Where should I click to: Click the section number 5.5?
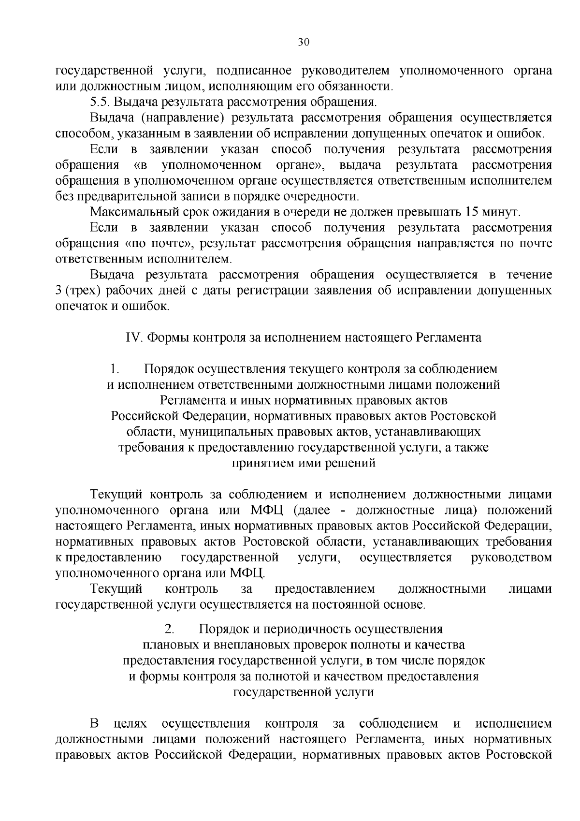100,103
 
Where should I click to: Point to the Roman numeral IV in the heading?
132,337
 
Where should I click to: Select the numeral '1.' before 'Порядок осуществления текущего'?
115,369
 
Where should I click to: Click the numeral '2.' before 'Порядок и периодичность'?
169,629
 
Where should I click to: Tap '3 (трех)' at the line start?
81,291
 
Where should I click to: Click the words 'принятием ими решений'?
304,463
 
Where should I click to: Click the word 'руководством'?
511,557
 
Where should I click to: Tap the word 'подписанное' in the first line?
254,71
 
